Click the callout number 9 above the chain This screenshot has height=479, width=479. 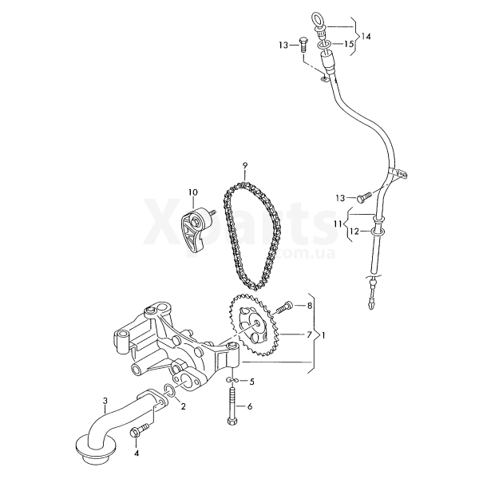(245, 165)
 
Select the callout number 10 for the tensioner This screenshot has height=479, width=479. (193, 192)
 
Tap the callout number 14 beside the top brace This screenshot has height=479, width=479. (366, 37)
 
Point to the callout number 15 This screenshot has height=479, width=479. (349, 44)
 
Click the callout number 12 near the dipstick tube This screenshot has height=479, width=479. (354, 232)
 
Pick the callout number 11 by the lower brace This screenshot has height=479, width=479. (338, 224)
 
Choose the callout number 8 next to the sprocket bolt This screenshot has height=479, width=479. (310, 305)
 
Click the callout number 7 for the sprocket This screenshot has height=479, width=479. (309, 335)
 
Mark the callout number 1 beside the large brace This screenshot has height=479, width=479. (324, 335)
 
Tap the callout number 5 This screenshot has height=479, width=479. (251, 382)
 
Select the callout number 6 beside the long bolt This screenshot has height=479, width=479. (250, 406)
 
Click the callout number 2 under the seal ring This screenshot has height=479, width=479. (184, 406)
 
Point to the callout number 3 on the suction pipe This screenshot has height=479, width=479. (105, 401)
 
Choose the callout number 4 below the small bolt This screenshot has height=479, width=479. (137, 453)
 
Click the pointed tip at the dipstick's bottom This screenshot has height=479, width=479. (371, 306)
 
